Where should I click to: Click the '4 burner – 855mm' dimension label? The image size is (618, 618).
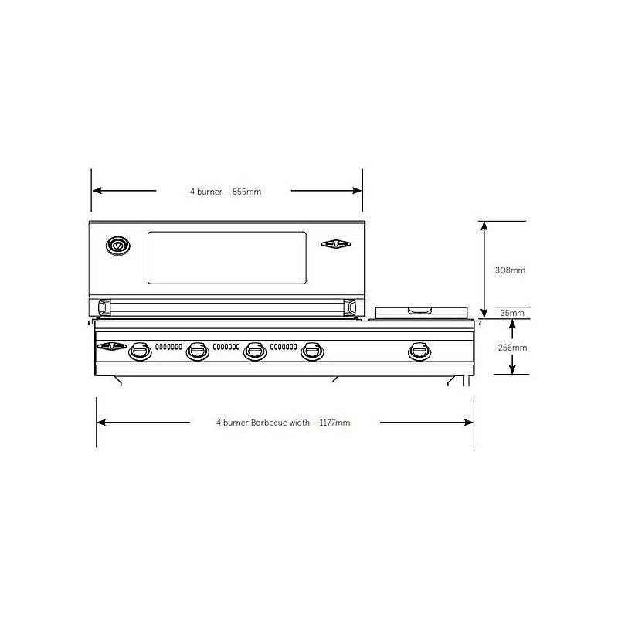[226, 192]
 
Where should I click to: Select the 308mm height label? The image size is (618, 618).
[511, 270]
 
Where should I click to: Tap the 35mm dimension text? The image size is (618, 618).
[512, 314]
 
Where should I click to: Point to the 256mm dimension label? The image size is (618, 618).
[512, 348]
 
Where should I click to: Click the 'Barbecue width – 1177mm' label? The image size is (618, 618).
[284, 423]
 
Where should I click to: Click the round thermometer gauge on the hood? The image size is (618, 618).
[118, 246]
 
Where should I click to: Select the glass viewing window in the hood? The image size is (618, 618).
[227, 256]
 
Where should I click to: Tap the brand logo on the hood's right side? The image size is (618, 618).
[336, 245]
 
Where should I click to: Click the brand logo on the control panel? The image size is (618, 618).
[111, 347]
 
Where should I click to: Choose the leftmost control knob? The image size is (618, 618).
[140, 351]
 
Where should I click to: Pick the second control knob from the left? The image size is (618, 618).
[197, 351]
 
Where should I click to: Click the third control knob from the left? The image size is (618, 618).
[254, 351]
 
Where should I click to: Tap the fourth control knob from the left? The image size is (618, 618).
[311, 351]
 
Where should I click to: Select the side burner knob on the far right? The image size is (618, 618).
[419, 351]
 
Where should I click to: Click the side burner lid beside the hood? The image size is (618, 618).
[422, 311]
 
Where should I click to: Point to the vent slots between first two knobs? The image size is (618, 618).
[168, 346]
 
